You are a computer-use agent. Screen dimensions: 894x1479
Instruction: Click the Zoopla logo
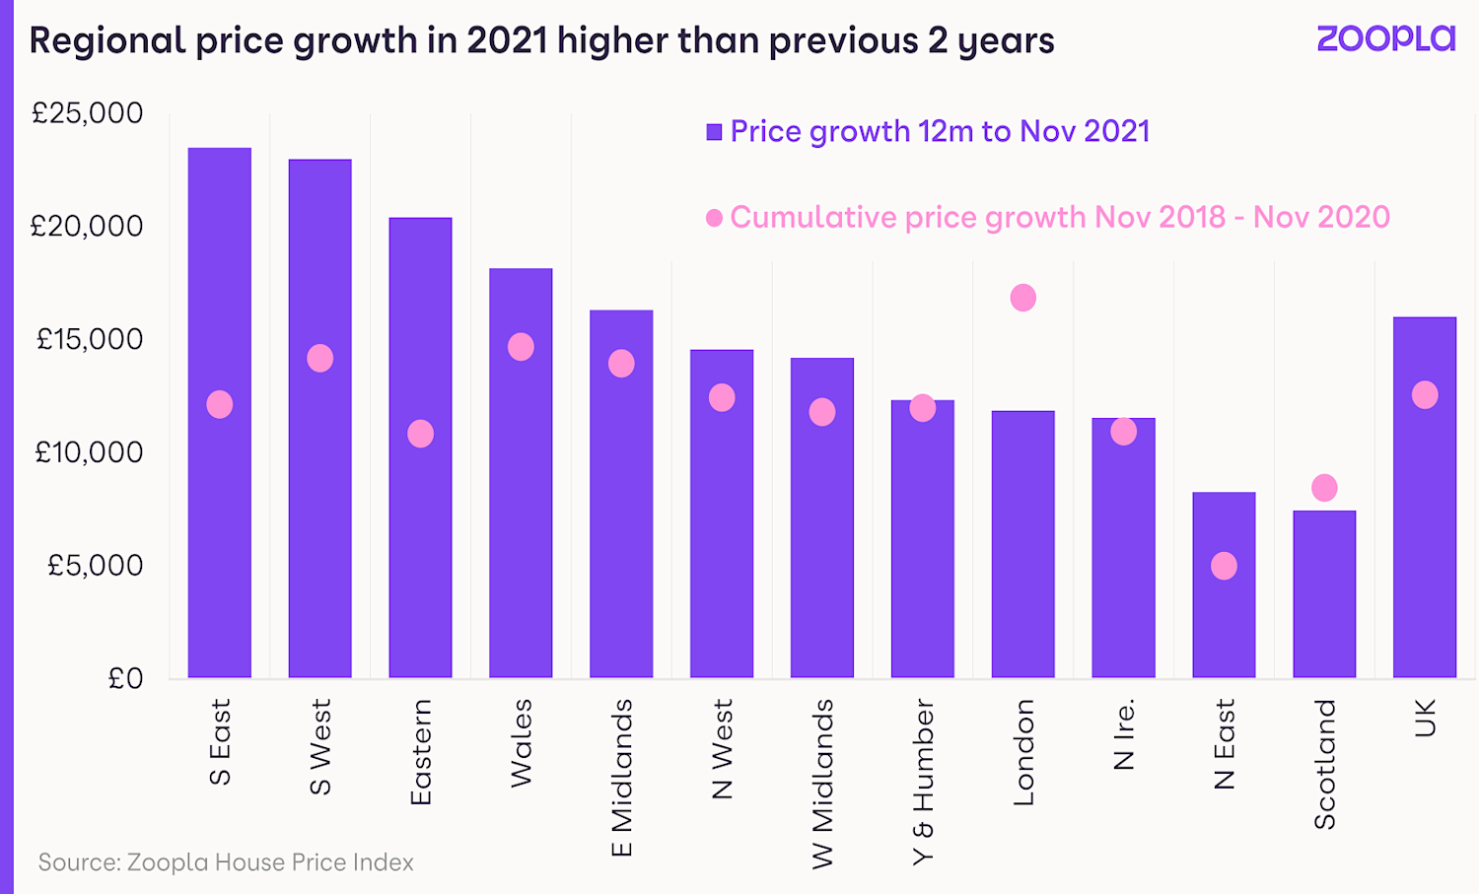coord(1385,38)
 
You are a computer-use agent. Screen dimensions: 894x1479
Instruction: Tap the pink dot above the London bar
coord(1023,298)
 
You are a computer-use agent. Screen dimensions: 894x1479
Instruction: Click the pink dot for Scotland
coord(1324,488)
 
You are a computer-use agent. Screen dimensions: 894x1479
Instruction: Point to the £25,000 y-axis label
coord(88,113)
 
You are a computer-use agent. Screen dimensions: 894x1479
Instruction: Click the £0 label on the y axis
coord(125,678)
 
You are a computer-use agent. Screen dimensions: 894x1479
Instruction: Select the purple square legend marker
coord(715,132)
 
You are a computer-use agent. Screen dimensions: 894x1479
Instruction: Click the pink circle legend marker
coord(715,218)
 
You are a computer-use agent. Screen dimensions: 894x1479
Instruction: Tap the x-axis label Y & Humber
coord(923,782)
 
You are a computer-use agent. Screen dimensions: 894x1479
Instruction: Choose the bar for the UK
coord(1425,498)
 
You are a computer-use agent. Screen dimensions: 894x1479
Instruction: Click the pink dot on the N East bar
coord(1224,566)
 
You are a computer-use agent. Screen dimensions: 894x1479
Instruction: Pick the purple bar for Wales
coord(521,473)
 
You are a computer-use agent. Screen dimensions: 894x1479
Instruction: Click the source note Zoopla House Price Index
coord(226,862)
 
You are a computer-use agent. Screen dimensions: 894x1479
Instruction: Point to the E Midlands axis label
coord(622,778)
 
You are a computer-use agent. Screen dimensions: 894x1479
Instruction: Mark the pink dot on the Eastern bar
coord(421,434)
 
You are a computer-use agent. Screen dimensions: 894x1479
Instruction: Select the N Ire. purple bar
coord(1124,548)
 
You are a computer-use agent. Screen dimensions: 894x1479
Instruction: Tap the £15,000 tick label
coord(90,339)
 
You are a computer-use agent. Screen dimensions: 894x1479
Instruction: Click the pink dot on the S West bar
coord(320,358)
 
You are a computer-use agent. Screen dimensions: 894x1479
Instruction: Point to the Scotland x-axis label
coord(1325,764)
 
